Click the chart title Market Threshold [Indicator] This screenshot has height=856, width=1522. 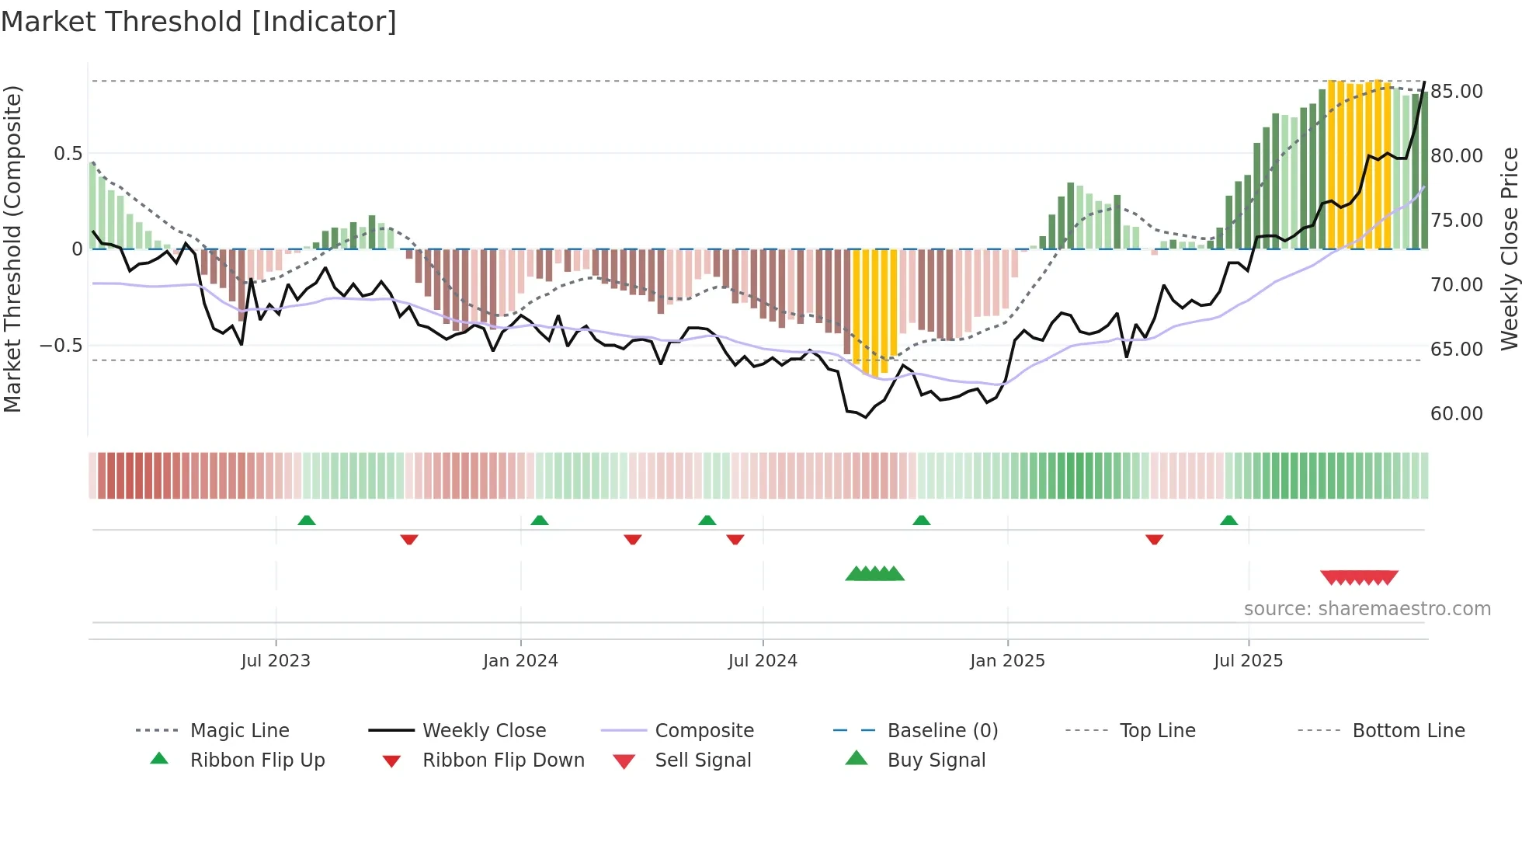coord(199,22)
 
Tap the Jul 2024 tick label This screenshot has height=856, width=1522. coord(763,660)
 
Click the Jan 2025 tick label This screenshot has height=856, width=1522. coord(1007,660)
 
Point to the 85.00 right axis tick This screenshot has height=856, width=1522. coord(1457,91)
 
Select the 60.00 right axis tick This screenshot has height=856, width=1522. coord(1457,413)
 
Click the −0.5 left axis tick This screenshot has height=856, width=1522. coord(61,345)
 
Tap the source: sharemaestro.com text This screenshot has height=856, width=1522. coord(1367,608)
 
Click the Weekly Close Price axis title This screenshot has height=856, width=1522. coord(1509,249)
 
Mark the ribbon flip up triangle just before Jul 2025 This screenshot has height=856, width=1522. coord(1228,520)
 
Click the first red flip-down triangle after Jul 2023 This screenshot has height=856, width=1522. coord(409,539)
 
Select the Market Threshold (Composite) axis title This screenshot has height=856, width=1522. coord(12,249)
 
